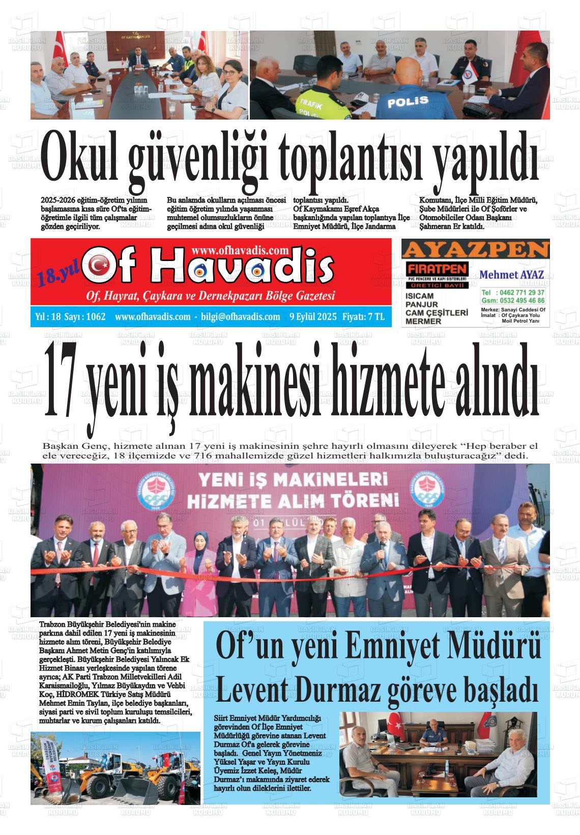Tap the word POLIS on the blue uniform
click(408, 102)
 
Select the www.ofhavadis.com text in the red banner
click(241, 250)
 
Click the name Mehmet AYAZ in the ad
click(512, 275)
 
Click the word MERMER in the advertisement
click(423, 321)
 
